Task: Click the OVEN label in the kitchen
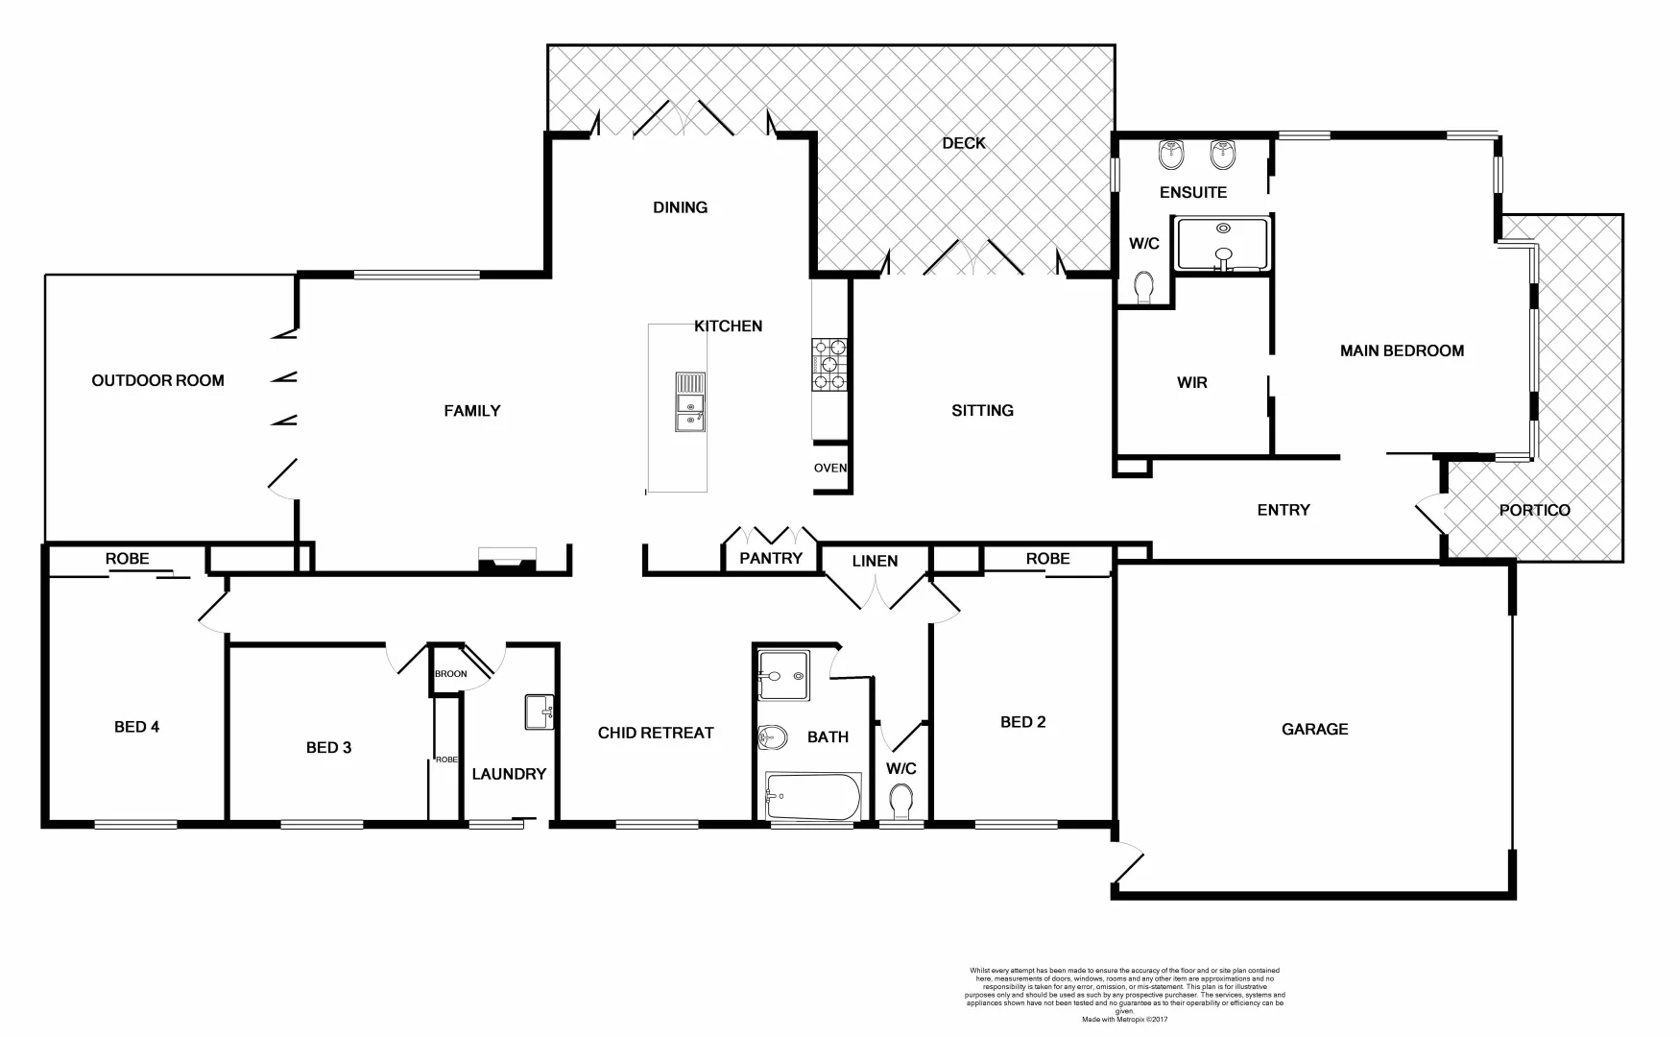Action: tap(830, 468)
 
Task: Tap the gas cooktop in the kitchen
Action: tap(829, 364)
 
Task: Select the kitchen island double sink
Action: tap(689, 401)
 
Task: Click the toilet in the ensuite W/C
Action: tap(1143, 287)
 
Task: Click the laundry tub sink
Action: tap(540, 712)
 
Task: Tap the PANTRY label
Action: tap(770, 558)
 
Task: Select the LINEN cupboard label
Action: tap(875, 560)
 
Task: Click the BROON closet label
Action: tap(450, 673)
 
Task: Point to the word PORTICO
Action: tap(1534, 510)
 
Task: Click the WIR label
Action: tap(1191, 382)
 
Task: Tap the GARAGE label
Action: tap(1314, 729)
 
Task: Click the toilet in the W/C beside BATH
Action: tap(901, 800)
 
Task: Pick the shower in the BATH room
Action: tap(783, 676)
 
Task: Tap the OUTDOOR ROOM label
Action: tap(157, 380)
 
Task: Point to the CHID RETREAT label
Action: tap(656, 733)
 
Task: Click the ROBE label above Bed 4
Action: tap(127, 558)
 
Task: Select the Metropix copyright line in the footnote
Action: tap(1124, 1019)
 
